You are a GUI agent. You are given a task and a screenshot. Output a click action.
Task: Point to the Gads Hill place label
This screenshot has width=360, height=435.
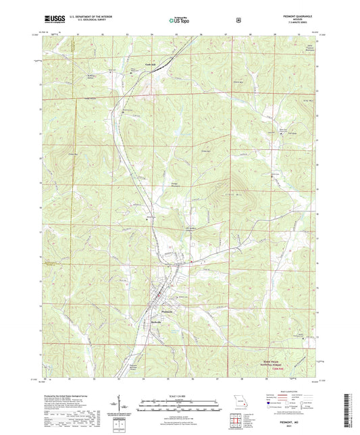[x=131, y=66]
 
